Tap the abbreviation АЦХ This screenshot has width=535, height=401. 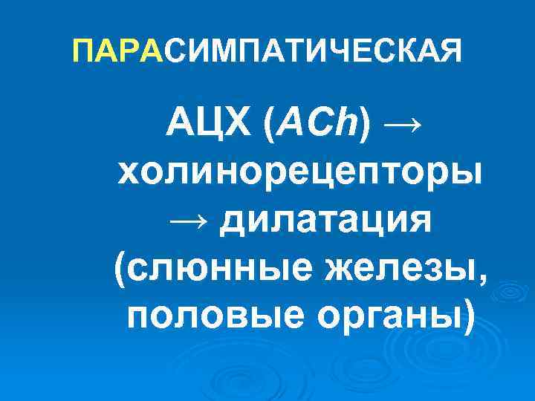tap(209, 122)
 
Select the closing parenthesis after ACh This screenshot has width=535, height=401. tap(362, 123)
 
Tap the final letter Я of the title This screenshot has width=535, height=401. tap(450, 51)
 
